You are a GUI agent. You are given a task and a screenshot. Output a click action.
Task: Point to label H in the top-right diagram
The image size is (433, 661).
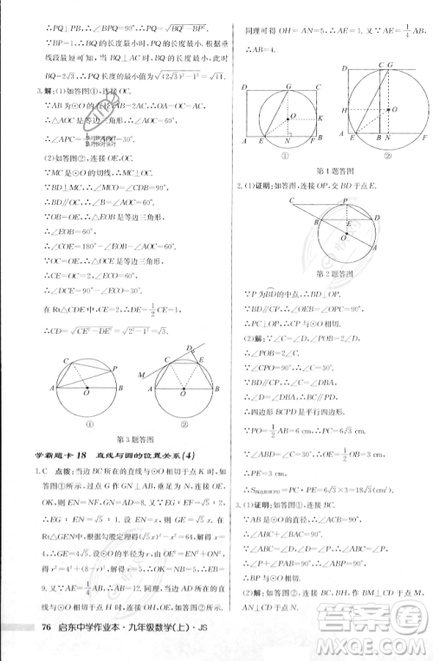coord(344,110)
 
